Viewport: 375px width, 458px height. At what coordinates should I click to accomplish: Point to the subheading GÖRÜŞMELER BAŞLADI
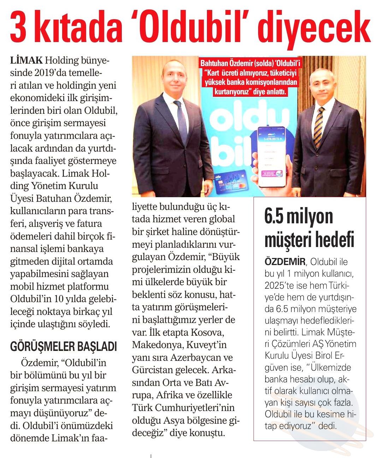(64, 346)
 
